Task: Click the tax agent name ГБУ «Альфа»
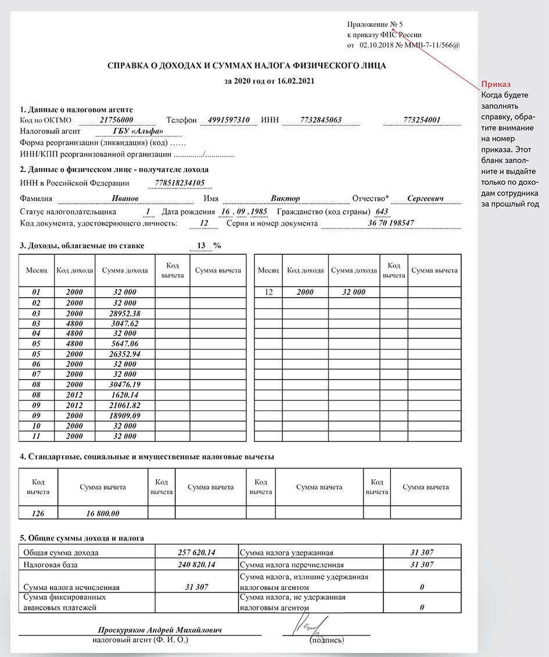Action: click(139, 131)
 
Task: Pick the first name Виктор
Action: click(285, 199)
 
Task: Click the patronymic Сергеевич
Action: click(425, 199)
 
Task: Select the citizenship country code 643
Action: click(382, 212)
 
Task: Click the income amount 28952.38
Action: click(125, 313)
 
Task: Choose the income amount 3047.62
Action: click(125, 323)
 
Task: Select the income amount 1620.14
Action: click(125, 394)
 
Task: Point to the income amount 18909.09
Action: click(125, 415)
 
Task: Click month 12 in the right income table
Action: click(269, 292)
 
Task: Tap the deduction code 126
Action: click(38, 513)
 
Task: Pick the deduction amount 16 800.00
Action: click(103, 513)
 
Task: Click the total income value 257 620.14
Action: click(196, 552)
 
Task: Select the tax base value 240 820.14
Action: click(196, 565)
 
